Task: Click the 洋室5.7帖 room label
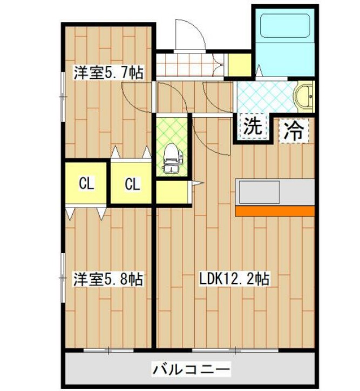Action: coord(108,72)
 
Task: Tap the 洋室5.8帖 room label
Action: coord(108,279)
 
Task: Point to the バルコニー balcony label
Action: coord(191,371)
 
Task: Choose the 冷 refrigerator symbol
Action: coord(294,130)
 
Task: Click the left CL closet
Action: coord(86,183)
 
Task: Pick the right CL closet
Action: coord(132,184)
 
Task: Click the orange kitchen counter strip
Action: coord(275,210)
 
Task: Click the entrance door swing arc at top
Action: coord(189,33)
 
